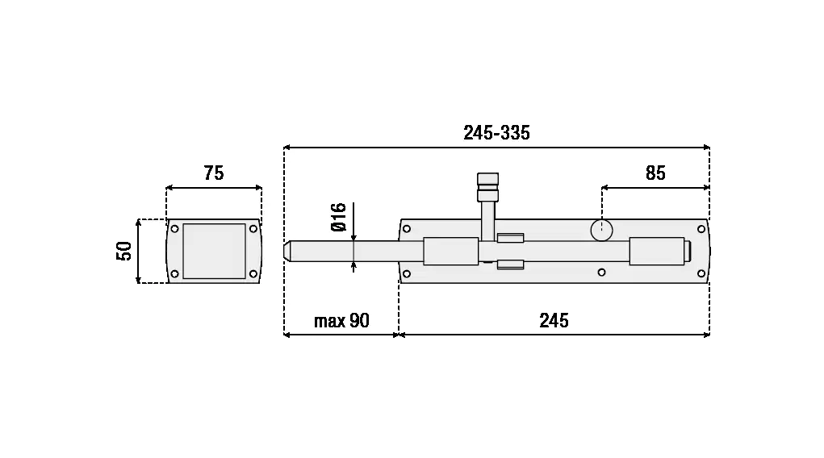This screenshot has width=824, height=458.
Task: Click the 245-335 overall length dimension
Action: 496,133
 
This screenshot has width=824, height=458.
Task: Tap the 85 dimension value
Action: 655,173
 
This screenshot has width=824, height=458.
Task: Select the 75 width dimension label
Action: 214,173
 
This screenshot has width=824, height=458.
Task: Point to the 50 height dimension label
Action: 124,251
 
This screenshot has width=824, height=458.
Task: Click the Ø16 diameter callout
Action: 339,217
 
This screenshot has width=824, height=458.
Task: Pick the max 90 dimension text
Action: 341,320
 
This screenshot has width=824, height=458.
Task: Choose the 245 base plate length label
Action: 554,320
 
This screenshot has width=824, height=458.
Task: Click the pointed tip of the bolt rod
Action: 285,251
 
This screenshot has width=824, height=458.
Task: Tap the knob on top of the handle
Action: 487,188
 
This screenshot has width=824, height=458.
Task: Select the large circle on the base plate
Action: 602,230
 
